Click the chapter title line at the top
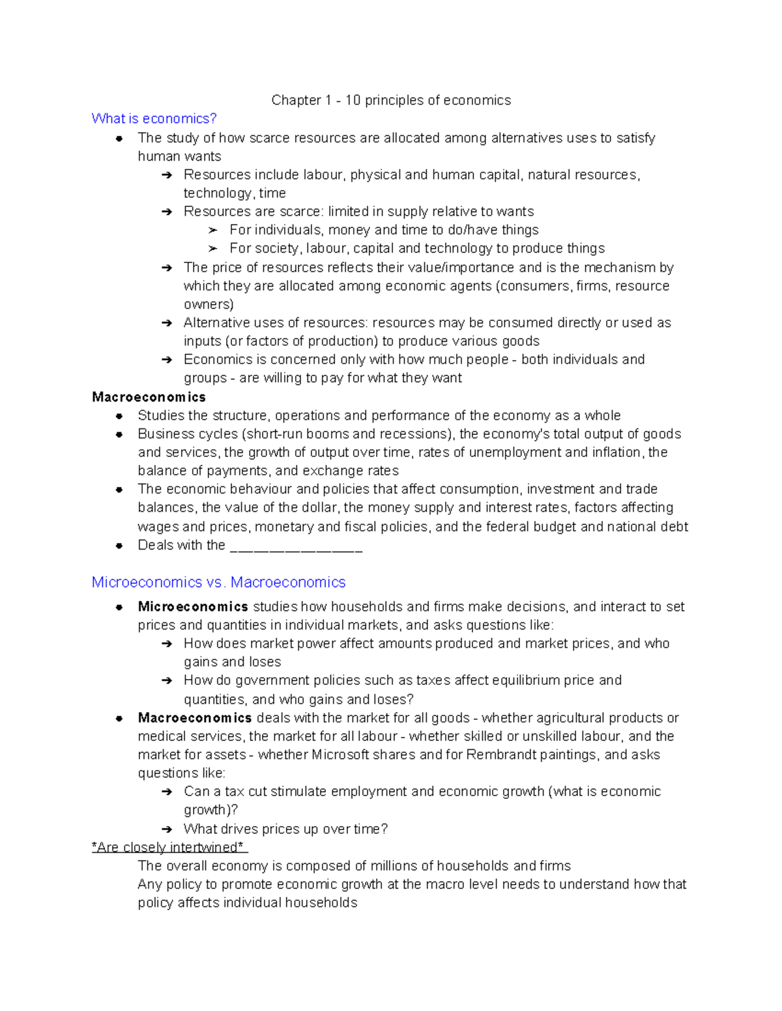pyautogui.click(x=391, y=100)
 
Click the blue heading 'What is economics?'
pyautogui.click(x=154, y=118)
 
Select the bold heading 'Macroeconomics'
pyautogui.click(x=149, y=397)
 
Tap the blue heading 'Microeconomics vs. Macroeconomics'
pyautogui.click(x=218, y=582)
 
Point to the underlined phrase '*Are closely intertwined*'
pyautogui.click(x=169, y=848)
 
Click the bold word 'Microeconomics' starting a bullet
pyautogui.click(x=193, y=607)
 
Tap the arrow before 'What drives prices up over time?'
pyautogui.click(x=167, y=829)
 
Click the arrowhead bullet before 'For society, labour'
pyautogui.click(x=212, y=249)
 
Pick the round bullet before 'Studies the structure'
pyautogui.click(x=119, y=416)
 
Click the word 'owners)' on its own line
pyautogui.click(x=209, y=305)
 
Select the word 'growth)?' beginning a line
pyautogui.click(x=210, y=810)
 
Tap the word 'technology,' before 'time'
pyautogui.click(x=218, y=193)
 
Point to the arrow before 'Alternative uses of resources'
pyautogui.click(x=167, y=324)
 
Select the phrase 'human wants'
pyautogui.click(x=179, y=157)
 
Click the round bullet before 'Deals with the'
pyautogui.click(x=119, y=546)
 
